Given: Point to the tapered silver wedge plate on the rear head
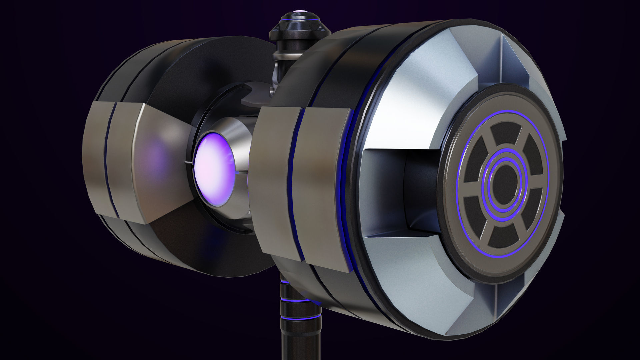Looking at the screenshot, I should pos(160,163).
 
